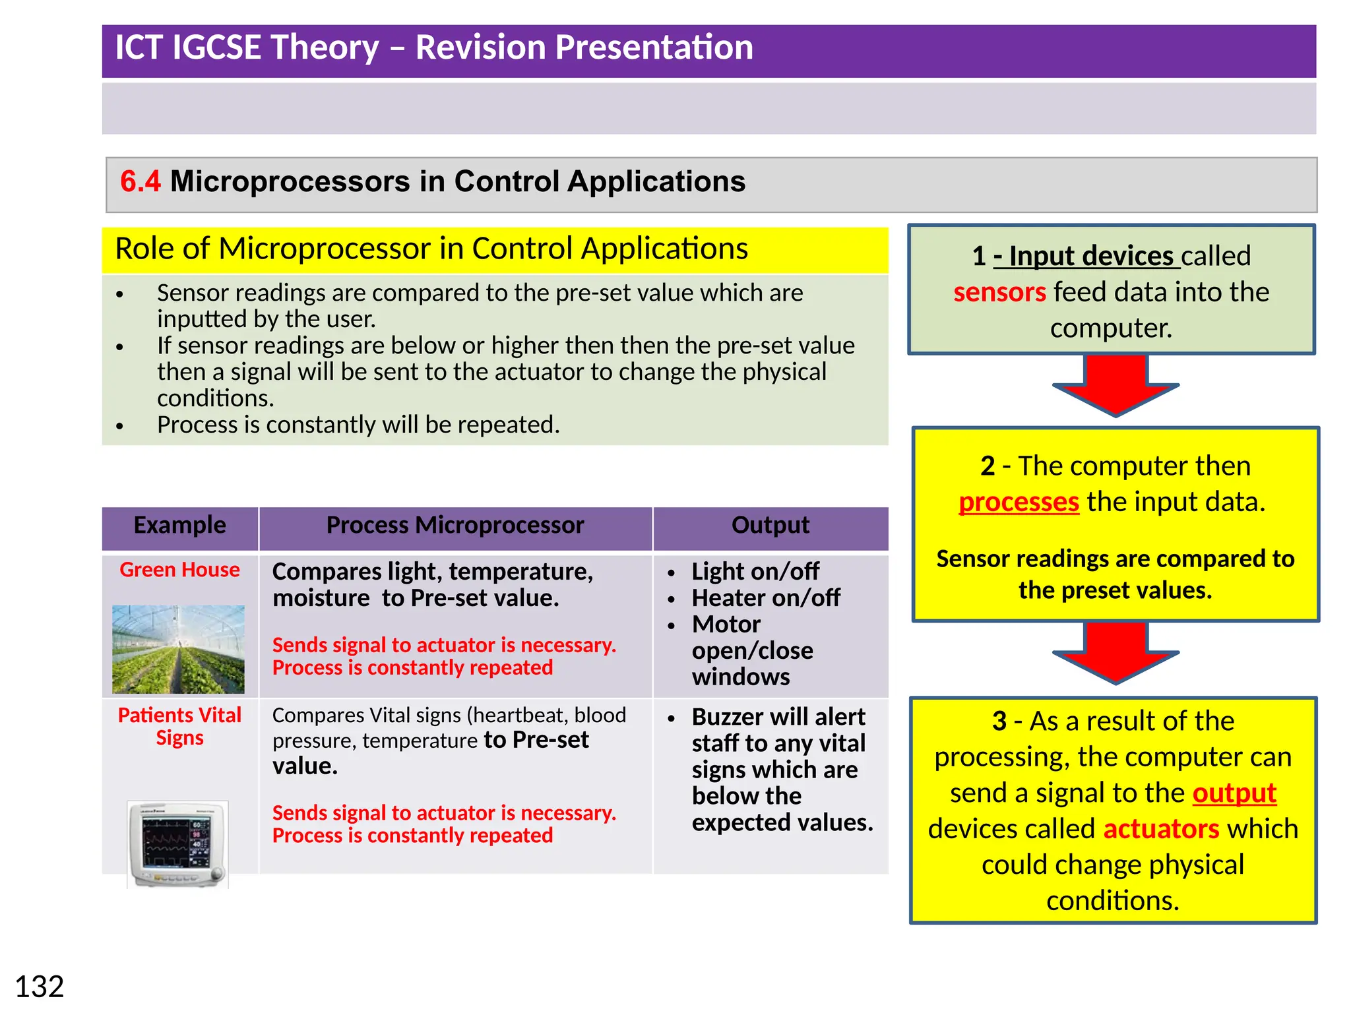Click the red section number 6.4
pos(140,181)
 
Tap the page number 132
pos(39,987)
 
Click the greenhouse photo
pos(178,649)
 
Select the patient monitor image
pos(177,844)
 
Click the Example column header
pos(179,526)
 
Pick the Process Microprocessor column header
pos(455,526)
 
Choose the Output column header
pos(770,526)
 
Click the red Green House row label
pos(179,570)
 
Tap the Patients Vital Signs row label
pos(179,726)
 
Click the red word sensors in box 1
pos(999,292)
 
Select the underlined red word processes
pos(1019,503)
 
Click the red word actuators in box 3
pos(1161,829)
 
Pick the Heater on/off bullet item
pos(765,598)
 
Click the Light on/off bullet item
pos(755,572)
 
